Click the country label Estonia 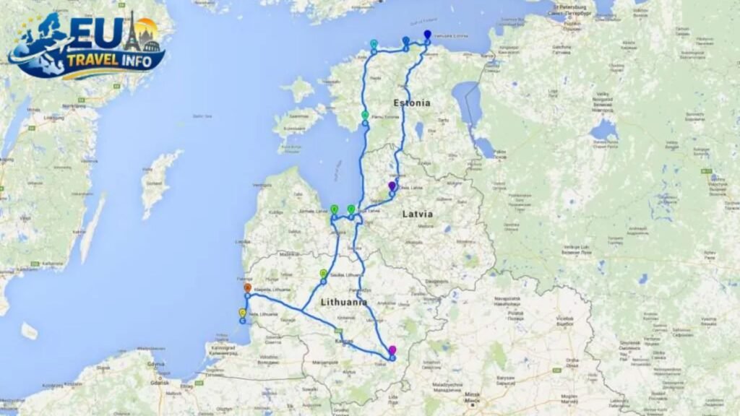[411, 103]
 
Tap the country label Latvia [418, 214]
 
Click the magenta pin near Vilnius [392, 351]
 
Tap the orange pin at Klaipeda [247, 288]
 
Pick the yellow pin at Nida [243, 313]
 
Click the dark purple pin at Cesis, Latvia [392, 186]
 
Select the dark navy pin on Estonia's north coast [427, 35]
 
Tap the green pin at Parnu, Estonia [365, 116]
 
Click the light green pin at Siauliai [323, 274]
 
